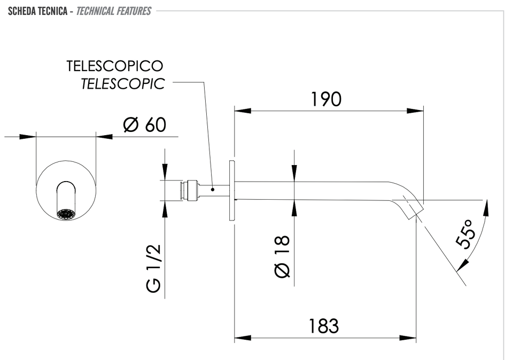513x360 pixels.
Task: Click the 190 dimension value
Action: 326,99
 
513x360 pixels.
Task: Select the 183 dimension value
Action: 324,326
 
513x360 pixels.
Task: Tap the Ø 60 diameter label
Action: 145,124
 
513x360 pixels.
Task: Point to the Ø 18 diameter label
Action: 282,257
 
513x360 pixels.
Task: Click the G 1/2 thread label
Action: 153,268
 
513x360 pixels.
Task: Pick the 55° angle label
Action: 465,234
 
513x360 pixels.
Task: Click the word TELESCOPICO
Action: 115,66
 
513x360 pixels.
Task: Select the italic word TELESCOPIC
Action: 123,84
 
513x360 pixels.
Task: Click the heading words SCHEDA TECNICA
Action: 37,11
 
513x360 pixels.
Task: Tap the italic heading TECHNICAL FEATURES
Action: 113,11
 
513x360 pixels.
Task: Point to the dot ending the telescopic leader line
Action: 212,189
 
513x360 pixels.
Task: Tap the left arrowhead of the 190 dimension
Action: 243,111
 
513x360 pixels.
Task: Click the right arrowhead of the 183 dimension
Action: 408,338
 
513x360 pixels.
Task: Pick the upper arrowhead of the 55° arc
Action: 486,208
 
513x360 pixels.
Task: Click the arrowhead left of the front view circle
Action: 27,136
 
